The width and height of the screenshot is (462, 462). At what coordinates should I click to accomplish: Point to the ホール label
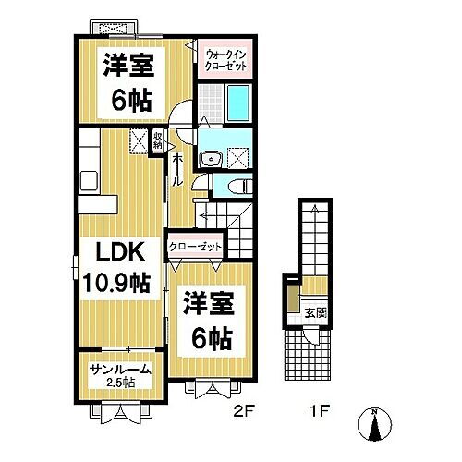tap(177, 169)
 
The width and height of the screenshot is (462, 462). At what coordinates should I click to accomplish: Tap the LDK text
tap(115, 250)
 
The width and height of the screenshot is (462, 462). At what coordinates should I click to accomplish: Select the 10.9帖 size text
tap(115, 283)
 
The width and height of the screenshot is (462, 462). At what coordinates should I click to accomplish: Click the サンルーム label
tap(120, 370)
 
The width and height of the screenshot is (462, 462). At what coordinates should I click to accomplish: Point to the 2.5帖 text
tap(120, 383)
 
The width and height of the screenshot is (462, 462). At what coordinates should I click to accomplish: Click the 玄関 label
tap(315, 311)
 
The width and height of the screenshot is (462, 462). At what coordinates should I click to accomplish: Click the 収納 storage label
tap(158, 140)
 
